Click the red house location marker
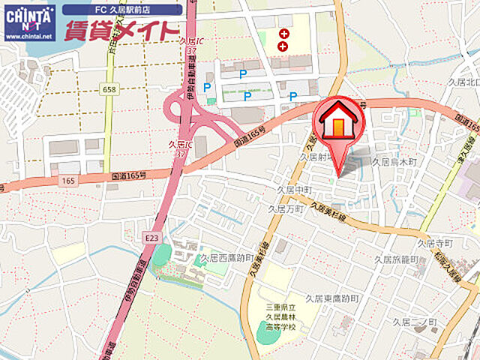tap(339, 121)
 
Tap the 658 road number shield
tap(109, 89)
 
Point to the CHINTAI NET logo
tap(28, 16)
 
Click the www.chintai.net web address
tap(28, 36)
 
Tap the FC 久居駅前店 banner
tap(121, 10)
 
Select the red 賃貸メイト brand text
tap(121, 31)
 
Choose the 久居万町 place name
tap(286, 208)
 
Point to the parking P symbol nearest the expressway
tap(207, 88)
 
